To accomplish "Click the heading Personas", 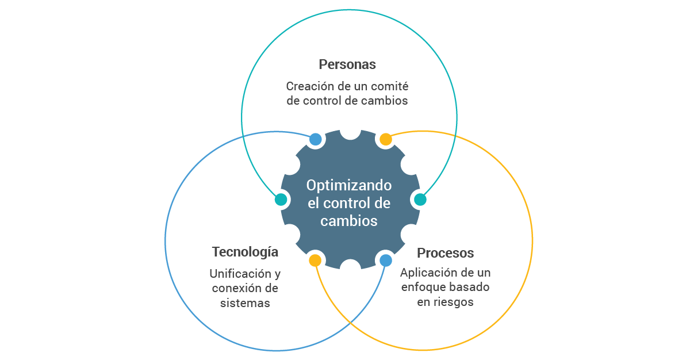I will [x=347, y=64].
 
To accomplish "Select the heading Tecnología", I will [x=245, y=252].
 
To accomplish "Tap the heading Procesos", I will [x=445, y=253].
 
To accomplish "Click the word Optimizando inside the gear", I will [x=348, y=186].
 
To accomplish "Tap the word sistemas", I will [x=245, y=303].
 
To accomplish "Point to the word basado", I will [x=470, y=287].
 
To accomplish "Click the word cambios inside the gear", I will [x=348, y=221].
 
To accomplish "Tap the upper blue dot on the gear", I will [x=315, y=139].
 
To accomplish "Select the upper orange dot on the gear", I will [x=385, y=139].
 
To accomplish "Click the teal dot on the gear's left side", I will [x=281, y=200].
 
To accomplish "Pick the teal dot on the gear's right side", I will [x=420, y=200].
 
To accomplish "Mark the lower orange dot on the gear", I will [x=315, y=261].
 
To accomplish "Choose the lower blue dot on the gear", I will [x=385, y=261].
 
